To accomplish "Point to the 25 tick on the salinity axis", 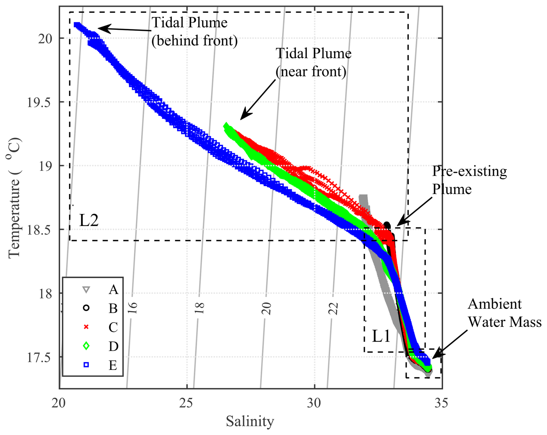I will [186, 403].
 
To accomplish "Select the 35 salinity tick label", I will [441, 403].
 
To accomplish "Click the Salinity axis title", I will [250, 421].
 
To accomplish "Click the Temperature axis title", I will [14, 198].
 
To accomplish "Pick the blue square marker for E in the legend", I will [86, 365].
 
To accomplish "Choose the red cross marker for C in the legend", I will [86, 327].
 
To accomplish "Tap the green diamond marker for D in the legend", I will [86, 346].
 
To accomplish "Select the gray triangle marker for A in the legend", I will [86, 289].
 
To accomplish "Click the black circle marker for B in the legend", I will [86, 308].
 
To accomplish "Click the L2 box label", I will [89, 220].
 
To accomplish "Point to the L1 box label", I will [381, 336].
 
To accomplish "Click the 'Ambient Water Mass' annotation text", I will [505, 313].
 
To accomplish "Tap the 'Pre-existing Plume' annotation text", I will [469, 180].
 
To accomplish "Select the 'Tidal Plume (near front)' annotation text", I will [313, 62].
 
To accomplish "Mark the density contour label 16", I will [133, 308].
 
